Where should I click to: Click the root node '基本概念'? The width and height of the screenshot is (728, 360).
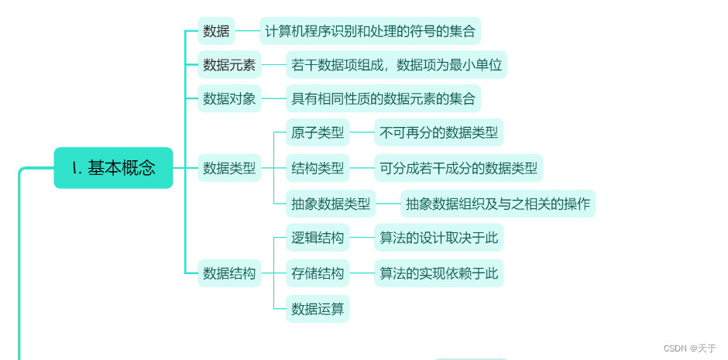pos(113,168)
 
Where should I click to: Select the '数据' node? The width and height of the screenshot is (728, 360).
pos(216,31)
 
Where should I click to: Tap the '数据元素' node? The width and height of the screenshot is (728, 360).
pos(229,65)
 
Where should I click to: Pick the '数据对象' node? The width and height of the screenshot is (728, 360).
pos(229,98)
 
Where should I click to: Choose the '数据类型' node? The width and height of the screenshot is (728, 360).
pos(229,167)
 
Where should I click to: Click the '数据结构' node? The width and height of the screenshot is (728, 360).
pos(229,273)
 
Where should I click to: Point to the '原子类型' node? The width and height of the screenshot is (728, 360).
pos(318,132)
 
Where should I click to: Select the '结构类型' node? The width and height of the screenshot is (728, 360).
pos(318,167)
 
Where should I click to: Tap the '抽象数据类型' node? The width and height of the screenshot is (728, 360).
pos(331,204)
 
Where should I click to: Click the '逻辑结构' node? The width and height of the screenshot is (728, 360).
pos(318,238)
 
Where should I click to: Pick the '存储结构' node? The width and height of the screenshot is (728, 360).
pos(318,273)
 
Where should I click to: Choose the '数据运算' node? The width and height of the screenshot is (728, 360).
pos(318,309)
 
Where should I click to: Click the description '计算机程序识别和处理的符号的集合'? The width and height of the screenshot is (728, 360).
pos(370,31)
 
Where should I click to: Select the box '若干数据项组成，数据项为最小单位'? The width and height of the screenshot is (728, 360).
pos(397,65)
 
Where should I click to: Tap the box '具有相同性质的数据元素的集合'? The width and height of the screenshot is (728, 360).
pos(383,98)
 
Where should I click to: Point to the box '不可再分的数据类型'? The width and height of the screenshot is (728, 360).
pos(439,132)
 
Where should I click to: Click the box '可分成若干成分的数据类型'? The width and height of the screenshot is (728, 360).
pos(458,167)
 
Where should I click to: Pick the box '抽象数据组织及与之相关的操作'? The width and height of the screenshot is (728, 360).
pos(498,204)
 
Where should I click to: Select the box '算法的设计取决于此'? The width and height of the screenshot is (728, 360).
pos(439,238)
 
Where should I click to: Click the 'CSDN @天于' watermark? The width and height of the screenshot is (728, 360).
pos(690,348)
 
